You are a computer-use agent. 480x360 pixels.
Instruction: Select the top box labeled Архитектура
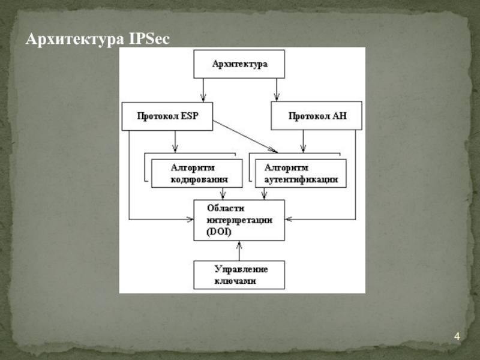click(239, 64)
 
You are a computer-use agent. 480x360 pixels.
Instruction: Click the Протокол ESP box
click(167, 116)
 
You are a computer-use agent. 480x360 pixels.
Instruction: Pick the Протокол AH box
click(317, 116)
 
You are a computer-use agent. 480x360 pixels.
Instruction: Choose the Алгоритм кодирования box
click(197, 173)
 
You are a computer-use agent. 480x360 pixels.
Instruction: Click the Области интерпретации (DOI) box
click(239, 220)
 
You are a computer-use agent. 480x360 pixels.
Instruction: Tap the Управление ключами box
click(239, 275)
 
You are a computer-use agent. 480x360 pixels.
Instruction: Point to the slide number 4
click(457, 337)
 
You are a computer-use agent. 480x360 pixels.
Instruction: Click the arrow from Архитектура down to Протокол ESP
click(203, 90)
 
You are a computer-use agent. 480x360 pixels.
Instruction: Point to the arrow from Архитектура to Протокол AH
click(276, 90)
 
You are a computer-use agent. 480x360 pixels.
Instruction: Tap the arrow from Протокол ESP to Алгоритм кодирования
click(175, 141)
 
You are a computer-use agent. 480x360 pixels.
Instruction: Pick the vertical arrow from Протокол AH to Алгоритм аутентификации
click(303, 141)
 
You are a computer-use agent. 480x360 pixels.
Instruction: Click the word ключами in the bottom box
click(232, 281)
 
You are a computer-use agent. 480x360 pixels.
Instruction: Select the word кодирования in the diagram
click(199, 179)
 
